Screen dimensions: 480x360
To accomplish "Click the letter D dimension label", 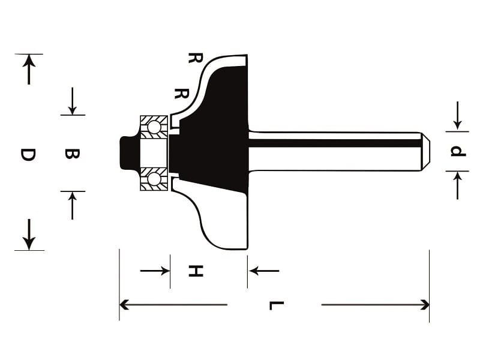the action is [28, 155].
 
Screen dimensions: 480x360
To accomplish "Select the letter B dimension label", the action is [72, 154].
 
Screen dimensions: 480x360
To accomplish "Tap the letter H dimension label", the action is [196, 271].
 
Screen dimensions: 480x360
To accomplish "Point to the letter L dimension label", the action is [277, 305].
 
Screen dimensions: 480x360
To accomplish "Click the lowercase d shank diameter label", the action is [458, 151].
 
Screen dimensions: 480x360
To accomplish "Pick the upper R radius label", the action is [195, 58].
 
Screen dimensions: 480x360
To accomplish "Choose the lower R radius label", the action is [182, 94].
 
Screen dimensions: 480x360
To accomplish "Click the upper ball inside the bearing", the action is [154, 127].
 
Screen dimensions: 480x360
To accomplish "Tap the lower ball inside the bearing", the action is [154, 179].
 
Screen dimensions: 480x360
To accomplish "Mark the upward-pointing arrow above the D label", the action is [29, 70].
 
